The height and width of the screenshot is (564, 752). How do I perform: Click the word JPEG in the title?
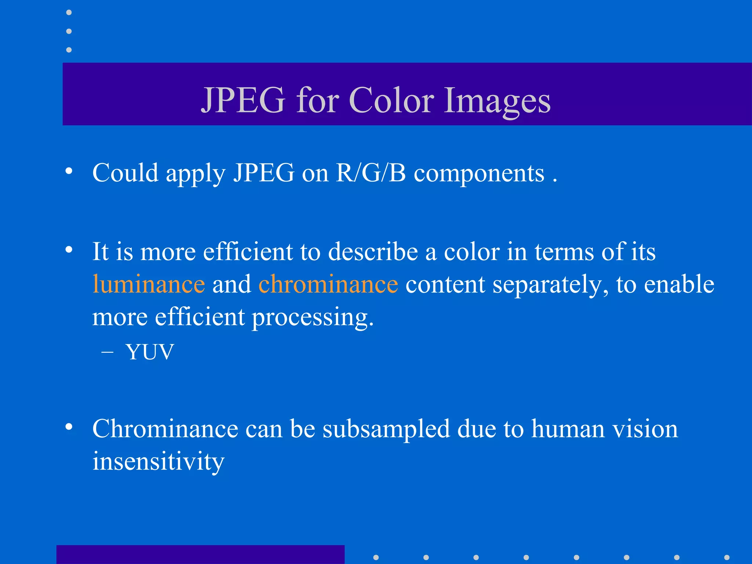(243, 100)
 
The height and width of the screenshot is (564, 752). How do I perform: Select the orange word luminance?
(149, 284)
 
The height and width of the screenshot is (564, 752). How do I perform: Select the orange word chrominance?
(328, 284)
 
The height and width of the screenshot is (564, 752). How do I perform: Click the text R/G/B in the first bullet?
(371, 173)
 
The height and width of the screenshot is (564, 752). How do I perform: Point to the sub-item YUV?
(149, 352)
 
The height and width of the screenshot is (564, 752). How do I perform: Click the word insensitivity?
(158, 461)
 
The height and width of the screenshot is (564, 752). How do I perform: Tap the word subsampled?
(386, 429)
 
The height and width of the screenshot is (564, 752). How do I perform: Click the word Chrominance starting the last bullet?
(165, 429)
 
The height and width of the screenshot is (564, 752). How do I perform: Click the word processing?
(312, 317)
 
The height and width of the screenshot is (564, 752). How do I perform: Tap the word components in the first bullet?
(479, 173)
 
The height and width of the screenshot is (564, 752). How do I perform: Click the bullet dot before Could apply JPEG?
(69, 171)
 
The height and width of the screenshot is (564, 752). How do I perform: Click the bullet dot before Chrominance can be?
(69, 427)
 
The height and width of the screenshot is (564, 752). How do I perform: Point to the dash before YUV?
(107, 352)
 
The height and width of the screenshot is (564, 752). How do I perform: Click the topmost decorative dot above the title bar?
(69, 12)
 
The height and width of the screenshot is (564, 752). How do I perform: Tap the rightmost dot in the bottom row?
(727, 557)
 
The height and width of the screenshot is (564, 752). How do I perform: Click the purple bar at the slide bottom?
(200, 554)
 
